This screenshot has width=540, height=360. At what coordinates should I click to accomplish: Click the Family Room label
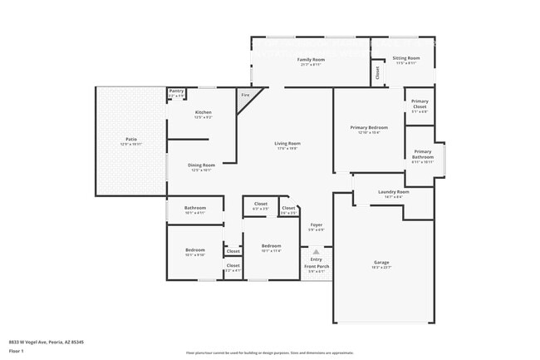click(x=312, y=61)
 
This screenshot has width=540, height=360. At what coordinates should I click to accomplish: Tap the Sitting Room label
click(x=406, y=59)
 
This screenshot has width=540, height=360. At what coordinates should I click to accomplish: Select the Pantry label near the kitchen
click(x=177, y=91)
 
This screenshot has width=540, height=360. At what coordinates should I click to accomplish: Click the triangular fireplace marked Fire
click(x=246, y=96)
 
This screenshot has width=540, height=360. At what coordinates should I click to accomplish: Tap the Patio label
click(x=131, y=139)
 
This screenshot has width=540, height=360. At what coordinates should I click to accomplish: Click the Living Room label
click(x=287, y=143)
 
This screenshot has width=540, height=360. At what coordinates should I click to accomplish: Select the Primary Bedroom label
click(x=368, y=127)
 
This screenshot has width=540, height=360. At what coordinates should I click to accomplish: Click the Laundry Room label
click(x=394, y=192)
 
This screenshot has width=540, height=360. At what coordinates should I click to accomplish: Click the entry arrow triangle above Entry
click(x=316, y=250)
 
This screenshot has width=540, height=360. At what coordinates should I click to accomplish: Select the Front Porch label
click(x=317, y=266)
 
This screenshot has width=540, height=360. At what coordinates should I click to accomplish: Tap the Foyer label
click(x=317, y=225)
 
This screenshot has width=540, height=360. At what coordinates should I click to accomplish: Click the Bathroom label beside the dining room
click(x=195, y=208)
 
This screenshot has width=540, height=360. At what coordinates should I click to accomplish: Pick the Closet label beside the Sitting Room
click(x=378, y=72)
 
